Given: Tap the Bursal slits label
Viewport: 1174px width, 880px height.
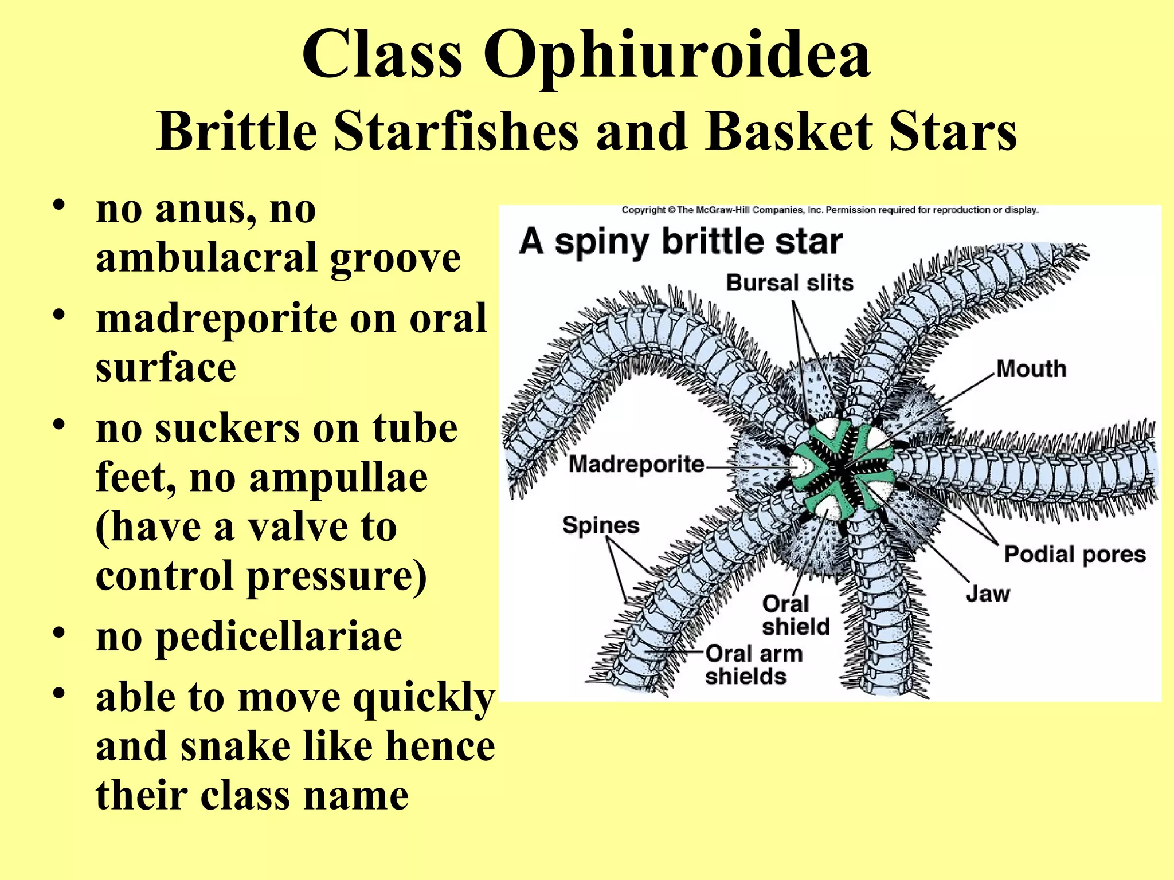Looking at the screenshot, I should pyautogui.click(x=789, y=283).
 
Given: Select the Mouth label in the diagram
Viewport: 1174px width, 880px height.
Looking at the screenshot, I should pyautogui.click(x=1031, y=369).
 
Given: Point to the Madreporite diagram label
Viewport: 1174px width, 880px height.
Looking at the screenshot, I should pyautogui.click(x=636, y=464).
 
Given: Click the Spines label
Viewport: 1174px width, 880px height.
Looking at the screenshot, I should pyautogui.click(x=600, y=525).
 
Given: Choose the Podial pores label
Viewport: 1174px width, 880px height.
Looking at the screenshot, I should pyautogui.click(x=1075, y=555).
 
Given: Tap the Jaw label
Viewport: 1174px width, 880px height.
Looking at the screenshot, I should pyautogui.click(x=988, y=594).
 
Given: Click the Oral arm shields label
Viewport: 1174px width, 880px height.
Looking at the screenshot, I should pyautogui.click(x=753, y=665).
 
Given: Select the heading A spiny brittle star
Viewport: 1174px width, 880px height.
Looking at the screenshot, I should pyautogui.click(x=680, y=242).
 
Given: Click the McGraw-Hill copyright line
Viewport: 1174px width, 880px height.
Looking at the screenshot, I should pyautogui.click(x=829, y=210).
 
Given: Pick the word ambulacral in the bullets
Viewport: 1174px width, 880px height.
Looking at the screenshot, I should pyautogui.click(x=205, y=258).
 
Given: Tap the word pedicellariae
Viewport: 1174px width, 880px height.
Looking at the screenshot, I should pyautogui.click(x=279, y=637).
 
